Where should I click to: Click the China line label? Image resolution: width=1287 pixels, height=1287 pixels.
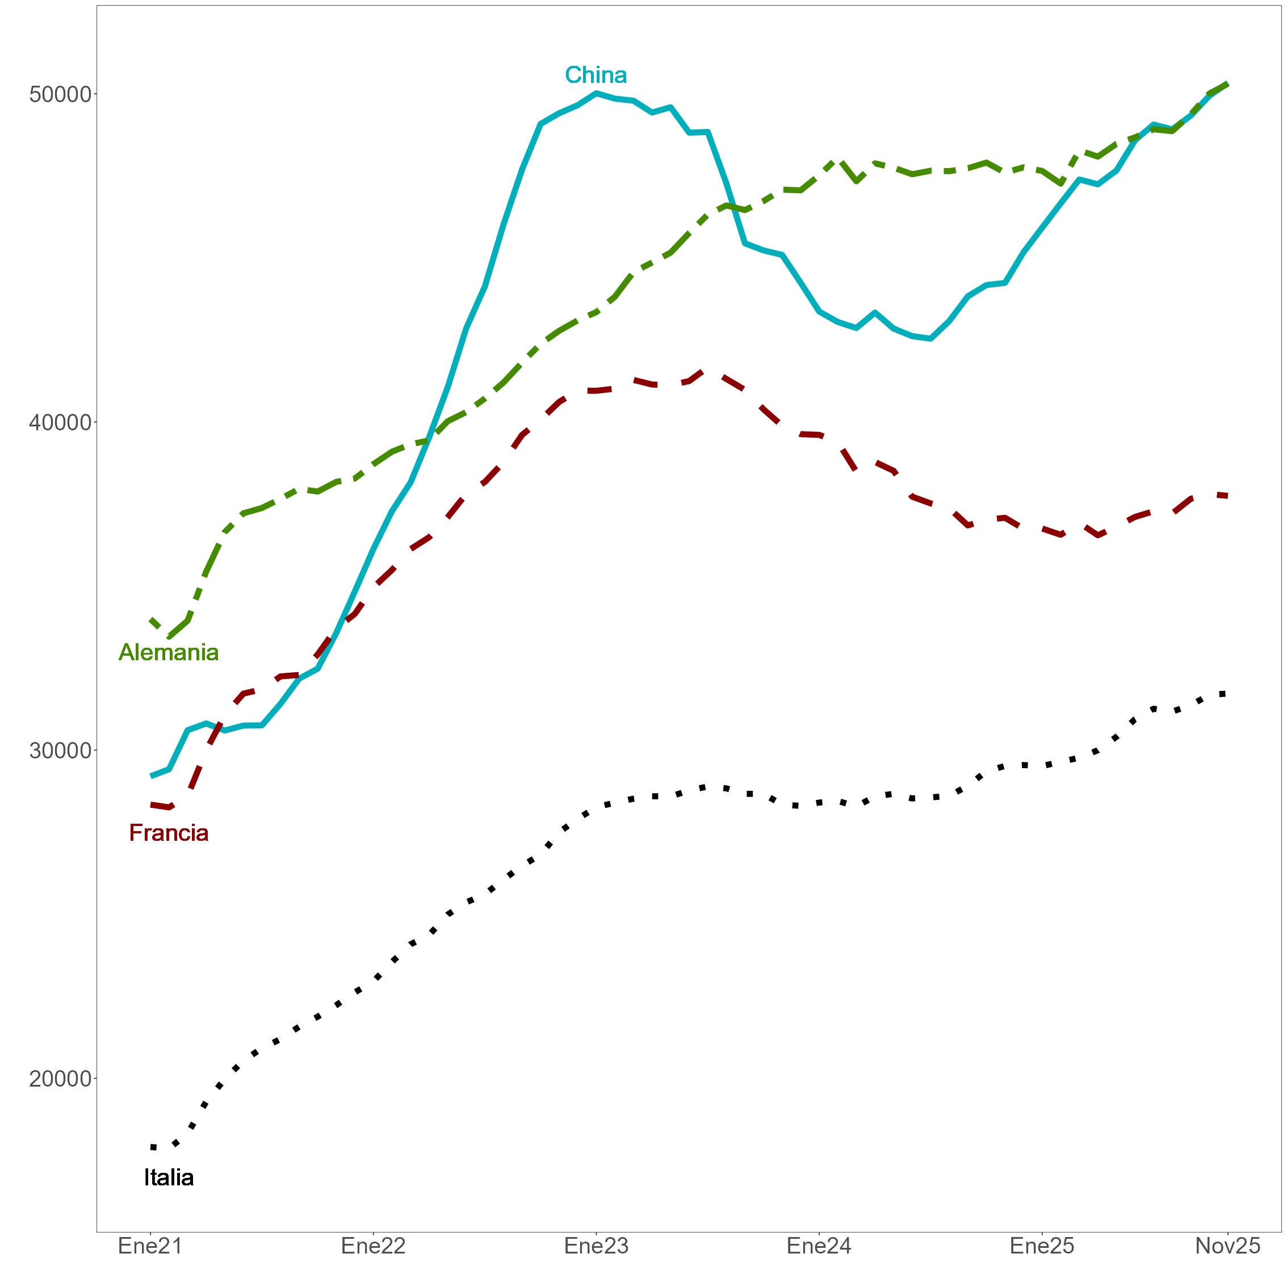pos(596,76)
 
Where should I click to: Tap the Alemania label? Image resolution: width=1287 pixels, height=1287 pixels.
pos(169,652)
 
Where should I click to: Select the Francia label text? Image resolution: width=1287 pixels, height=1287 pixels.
pos(169,833)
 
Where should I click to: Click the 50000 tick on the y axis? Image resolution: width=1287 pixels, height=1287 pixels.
pos(59,94)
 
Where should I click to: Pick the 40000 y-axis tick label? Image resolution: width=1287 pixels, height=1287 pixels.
pos(59,422)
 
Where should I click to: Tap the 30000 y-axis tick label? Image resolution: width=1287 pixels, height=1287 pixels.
pos(59,751)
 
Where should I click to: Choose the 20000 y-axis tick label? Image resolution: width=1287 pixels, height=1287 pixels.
pos(59,1079)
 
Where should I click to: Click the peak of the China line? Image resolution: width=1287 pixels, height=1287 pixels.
pos(596,93)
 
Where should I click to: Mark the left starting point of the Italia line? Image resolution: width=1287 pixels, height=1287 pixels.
pos(153,1147)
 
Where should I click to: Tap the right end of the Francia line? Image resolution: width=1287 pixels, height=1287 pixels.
pos(1226,496)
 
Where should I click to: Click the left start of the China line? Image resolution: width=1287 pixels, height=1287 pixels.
pos(153,776)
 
